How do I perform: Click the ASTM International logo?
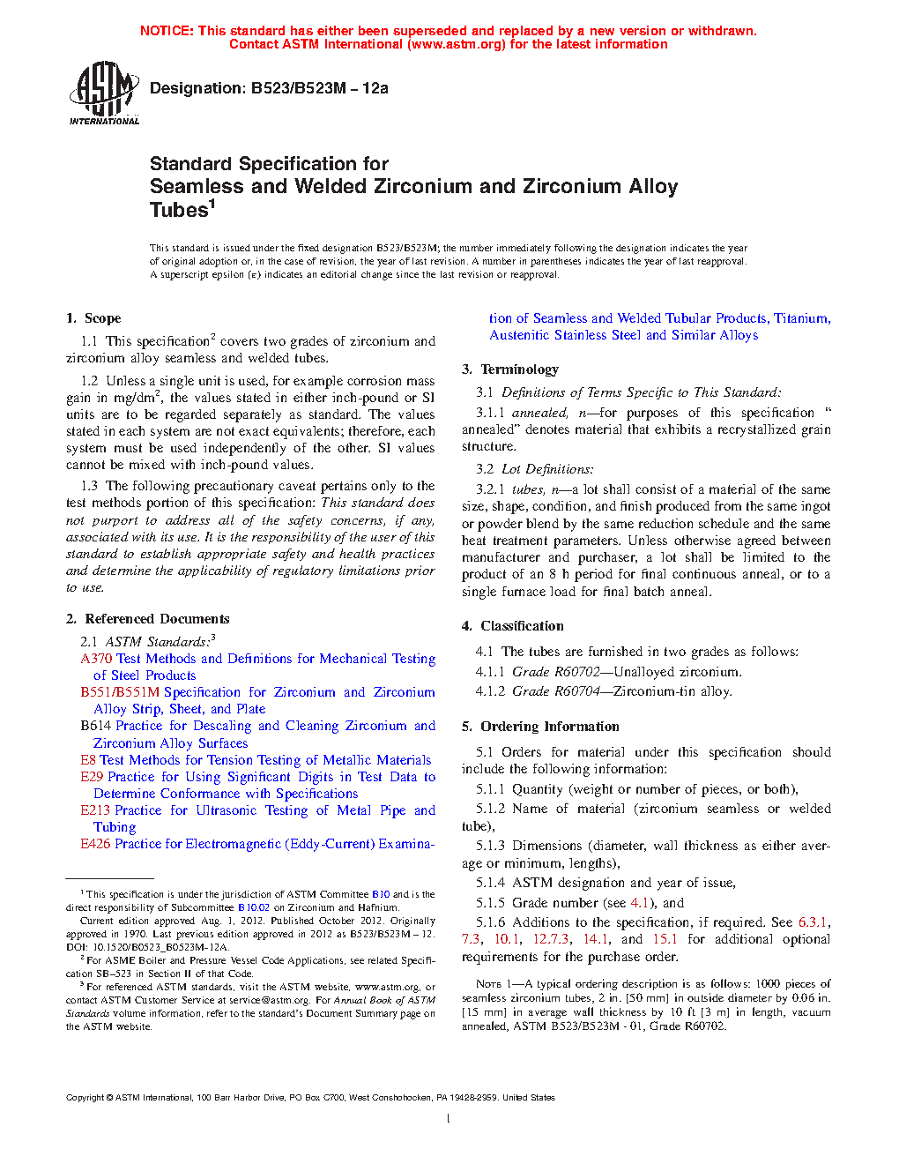coord(104,92)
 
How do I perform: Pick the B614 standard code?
coord(95,726)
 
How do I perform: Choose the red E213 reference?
coord(95,810)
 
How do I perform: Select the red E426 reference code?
coord(95,844)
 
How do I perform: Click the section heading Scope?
coord(102,318)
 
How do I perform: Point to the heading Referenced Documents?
coord(157,619)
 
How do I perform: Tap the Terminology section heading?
coord(519,369)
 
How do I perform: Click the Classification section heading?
coord(522,626)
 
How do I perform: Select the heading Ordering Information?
coord(549,727)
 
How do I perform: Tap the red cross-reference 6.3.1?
coord(813,922)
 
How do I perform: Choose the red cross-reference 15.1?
coord(665,939)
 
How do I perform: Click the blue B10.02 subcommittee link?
coord(254,907)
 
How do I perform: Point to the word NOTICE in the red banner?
coord(167,31)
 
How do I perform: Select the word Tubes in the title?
coord(179,210)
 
